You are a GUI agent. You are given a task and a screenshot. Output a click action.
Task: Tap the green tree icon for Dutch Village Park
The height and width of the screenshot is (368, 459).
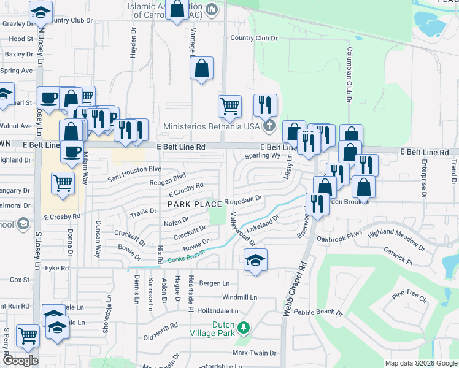pyautogui.click(x=244, y=327)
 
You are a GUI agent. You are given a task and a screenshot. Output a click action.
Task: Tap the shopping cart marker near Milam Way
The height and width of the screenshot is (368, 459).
pyautogui.click(x=63, y=182)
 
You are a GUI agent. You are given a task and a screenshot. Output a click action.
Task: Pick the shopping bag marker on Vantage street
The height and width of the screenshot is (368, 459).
pyautogui.click(x=202, y=69)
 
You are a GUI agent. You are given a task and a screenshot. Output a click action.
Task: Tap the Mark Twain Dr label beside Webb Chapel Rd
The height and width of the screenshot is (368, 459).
pyautogui.click(x=254, y=353)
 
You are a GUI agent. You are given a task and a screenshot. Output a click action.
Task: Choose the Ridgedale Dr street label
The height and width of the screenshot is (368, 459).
pyautogui.click(x=243, y=199)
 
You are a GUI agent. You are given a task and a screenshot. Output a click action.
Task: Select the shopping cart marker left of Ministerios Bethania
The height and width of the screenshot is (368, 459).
pyautogui.click(x=229, y=105)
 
